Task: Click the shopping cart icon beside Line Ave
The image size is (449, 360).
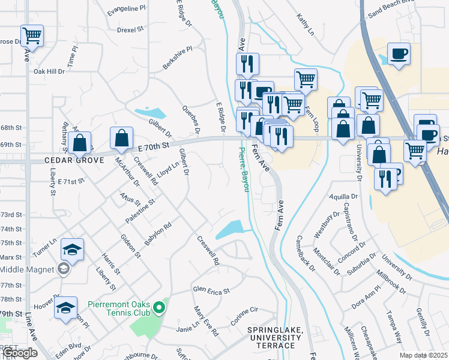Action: (31, 35)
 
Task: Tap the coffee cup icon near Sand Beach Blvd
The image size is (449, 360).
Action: (399, 54)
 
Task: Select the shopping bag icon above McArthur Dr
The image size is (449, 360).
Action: (121, 138)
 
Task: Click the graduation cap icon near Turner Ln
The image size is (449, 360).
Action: (72, 250)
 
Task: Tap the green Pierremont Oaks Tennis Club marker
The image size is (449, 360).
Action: (159, 308)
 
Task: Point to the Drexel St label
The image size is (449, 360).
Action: (130, 29)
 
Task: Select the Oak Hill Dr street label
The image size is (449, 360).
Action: (49, 71)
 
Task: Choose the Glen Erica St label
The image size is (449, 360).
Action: (211, 290)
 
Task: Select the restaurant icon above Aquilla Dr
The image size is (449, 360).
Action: (385, 178)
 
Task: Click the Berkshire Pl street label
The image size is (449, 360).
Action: (178, 58)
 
